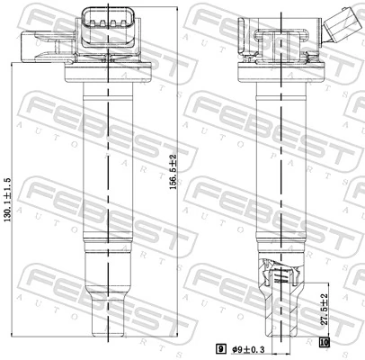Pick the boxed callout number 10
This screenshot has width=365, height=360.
[325, 341]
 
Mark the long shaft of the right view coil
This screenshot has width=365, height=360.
[282, 162]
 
